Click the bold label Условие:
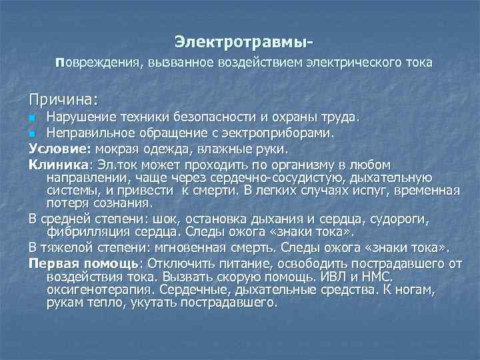(60, 148)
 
